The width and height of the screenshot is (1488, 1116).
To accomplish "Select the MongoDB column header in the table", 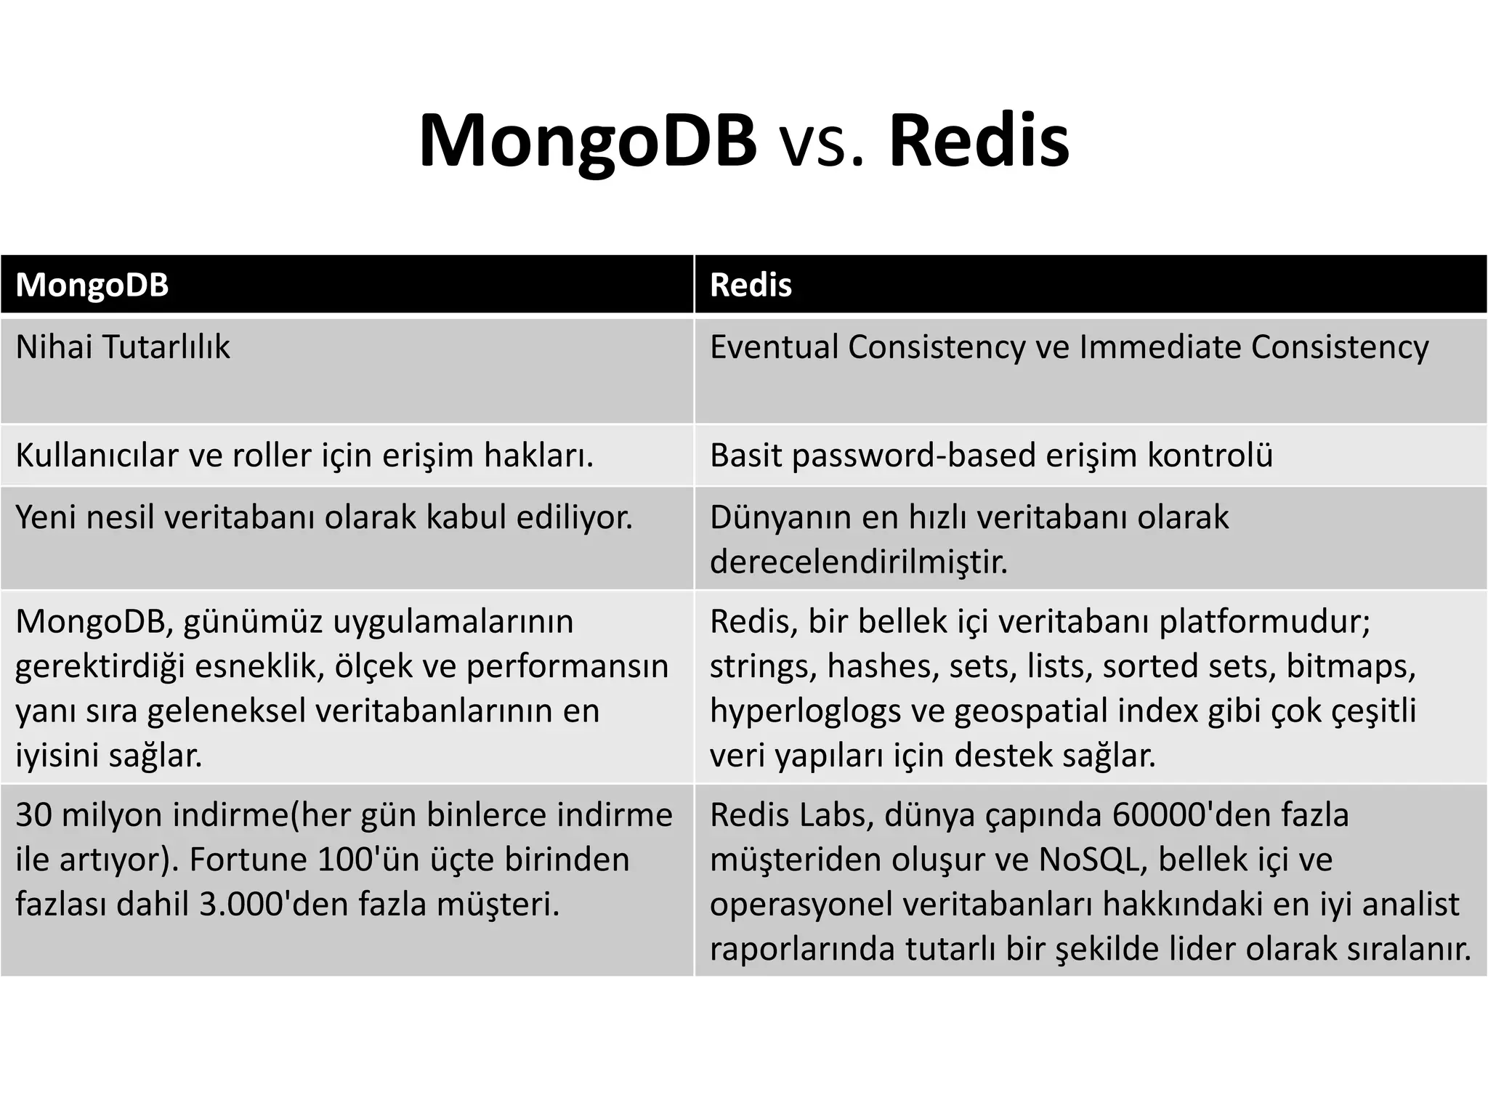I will (92, 285).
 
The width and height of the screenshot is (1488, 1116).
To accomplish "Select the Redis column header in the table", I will (751, 285).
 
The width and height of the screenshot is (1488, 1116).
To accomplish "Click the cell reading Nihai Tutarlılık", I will (123, 347).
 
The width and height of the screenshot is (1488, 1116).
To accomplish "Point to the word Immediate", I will (1160, 347).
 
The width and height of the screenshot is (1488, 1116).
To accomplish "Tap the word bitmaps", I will (1351, 666).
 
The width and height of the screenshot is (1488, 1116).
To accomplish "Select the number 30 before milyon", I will (33, 815).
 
